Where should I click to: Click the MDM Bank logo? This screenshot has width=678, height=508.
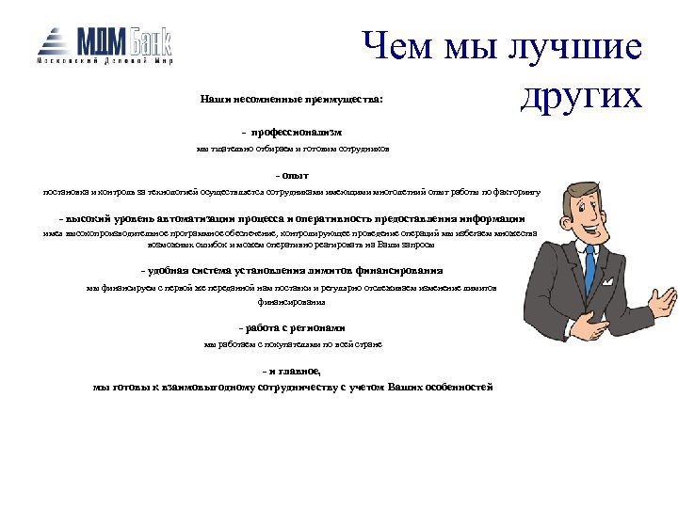click(104, 41)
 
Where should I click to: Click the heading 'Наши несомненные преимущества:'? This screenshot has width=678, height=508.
click(292, 98)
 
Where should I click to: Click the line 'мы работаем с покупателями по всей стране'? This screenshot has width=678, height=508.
click(293, 344)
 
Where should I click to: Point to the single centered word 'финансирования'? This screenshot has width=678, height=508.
click(293, 303)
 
